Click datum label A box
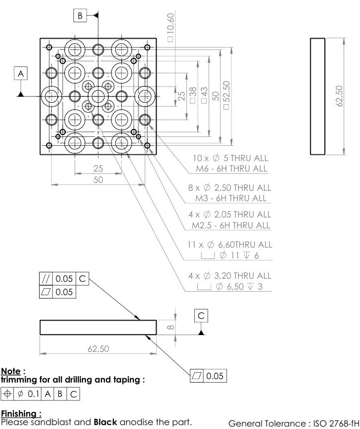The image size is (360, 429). click(x=21, y=73)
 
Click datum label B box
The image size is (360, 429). click(x=80, y=16)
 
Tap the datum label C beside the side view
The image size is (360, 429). click(x=201, y=316)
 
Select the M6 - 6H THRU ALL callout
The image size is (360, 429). click(x=231, y=169)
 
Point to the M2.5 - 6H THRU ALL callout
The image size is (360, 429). click(x=231, y=225)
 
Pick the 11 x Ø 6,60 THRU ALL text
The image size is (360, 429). click(x=229, y=244)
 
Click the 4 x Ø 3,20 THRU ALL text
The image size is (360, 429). click(x=229, y=275)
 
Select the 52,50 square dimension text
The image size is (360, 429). click(x=226, y=94)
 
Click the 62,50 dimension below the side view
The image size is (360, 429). click(x=98, y=348)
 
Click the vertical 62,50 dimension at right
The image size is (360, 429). click(x=339, y=96)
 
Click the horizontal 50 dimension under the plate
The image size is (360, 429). click(x=98, y=180)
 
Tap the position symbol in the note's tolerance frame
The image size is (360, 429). click(x=7, y=394)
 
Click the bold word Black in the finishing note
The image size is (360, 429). click(x=104, y=422)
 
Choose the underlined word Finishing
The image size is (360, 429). click(x=19, y=413)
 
